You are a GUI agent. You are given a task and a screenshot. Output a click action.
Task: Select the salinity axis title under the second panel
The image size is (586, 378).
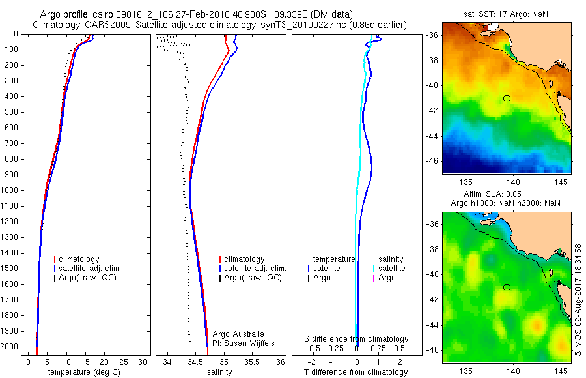219,372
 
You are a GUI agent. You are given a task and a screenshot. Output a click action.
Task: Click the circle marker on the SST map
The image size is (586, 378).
507,98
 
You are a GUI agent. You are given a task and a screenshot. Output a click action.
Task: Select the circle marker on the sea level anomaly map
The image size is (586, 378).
507,287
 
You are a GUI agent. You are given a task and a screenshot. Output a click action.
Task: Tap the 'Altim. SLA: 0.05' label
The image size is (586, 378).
506,195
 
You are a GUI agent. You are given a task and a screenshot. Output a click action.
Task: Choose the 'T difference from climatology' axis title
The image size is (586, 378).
356,372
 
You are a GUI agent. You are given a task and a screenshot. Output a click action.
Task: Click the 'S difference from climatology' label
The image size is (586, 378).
357,339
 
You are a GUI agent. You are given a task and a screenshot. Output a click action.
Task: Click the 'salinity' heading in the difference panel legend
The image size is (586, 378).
391,259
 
